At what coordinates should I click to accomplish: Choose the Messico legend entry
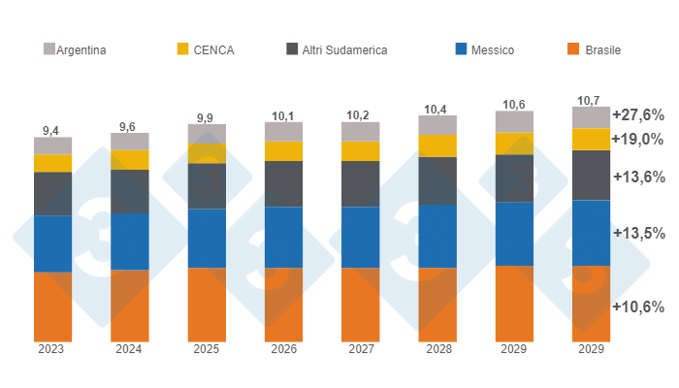tap(483, 49)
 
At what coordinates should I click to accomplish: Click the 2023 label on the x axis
tap(52, 349)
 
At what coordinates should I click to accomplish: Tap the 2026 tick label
tap(283, 349)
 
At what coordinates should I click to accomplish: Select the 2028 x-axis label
tap(437, 349)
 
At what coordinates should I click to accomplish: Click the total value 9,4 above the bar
tap(52, 130)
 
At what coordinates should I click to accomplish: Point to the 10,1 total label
tap(283, 115)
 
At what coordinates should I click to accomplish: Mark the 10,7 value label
tap(590, 100)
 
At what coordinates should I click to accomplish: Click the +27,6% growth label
tap(637, 114)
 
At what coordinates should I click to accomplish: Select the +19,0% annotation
tap(637, 139)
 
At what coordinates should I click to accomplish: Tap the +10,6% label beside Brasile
tap(637, 307)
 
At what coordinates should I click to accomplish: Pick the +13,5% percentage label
tap(637, 233)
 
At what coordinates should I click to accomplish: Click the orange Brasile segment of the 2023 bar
tap(52, 307)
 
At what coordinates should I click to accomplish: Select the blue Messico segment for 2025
tap(207, 238)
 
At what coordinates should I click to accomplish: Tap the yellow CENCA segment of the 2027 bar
tap(360, 150)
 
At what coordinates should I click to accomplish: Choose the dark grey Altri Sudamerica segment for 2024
tap(129, 191)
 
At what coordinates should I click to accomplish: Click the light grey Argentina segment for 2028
tap(437, 125)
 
